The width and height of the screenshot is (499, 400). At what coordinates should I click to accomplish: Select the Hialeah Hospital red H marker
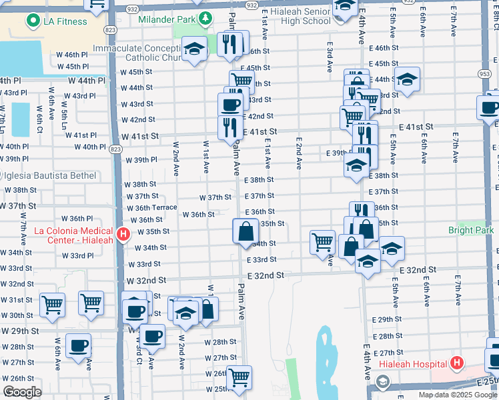pyautogui.click(x=456, y=363)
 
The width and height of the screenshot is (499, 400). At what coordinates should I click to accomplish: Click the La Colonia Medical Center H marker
pyautogui.click(x=123, y=234)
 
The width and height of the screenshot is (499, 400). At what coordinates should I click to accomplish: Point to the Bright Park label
pyautogui.click(x=471, y=230)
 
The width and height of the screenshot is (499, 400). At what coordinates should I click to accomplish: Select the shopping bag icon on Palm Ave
pyautogui.click(x=245, y=231)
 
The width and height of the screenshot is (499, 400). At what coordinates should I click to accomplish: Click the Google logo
pyautogui.click(x=22, y=392)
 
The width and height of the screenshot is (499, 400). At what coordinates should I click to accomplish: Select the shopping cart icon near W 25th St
pyautogui.click(x=238, y=377)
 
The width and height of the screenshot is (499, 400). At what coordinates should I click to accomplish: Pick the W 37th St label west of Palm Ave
pyautogui.click(x=215, y=197)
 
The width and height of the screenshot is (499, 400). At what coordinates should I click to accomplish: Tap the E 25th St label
pyautogui.click(x=487, y=382)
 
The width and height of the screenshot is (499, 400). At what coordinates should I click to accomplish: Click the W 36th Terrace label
pyautogui.click(x=152, y=207)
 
